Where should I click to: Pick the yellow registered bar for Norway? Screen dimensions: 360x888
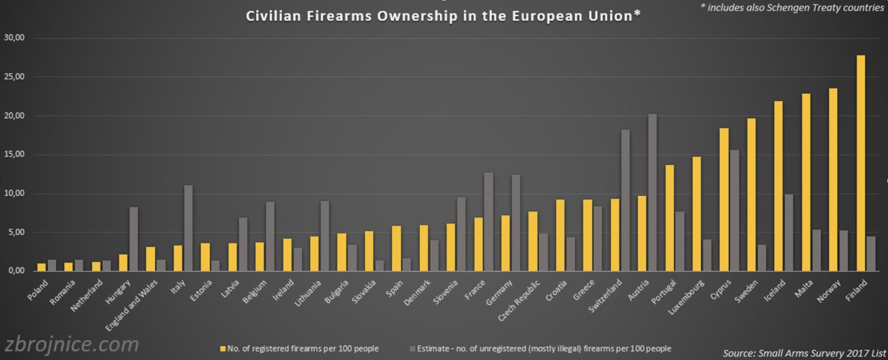click(833, 180)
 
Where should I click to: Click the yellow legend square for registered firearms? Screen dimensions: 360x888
click(222, 348)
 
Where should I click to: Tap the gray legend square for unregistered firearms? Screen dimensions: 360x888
click(412, 348)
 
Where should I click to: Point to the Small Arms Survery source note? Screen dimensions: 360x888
click(804, 352)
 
